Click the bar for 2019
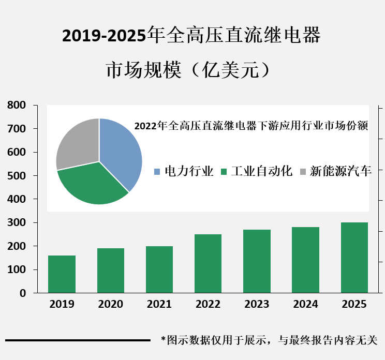62,274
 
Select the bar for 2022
208,263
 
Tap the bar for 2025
354,258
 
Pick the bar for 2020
111,271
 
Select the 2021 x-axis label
159,304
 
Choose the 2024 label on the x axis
306,304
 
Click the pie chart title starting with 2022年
251,126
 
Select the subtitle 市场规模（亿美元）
189,70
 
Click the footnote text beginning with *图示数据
269,340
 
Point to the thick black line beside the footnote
78,340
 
